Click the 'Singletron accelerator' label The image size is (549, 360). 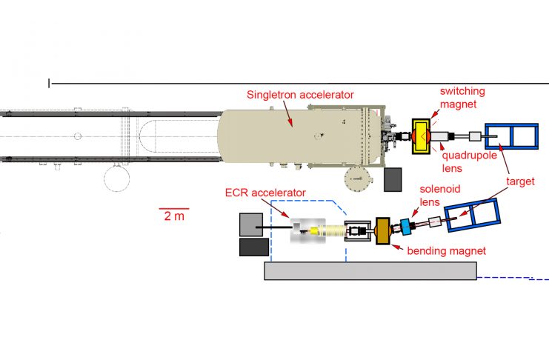pos(300,95)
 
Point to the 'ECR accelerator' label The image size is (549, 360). pos(265,193)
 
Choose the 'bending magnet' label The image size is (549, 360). pos(447,251)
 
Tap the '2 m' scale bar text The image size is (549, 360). pos(173,217)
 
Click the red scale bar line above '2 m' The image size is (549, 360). pos(173,209)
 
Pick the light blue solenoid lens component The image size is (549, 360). pos(406,227)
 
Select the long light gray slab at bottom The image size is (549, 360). pos(370,270)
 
